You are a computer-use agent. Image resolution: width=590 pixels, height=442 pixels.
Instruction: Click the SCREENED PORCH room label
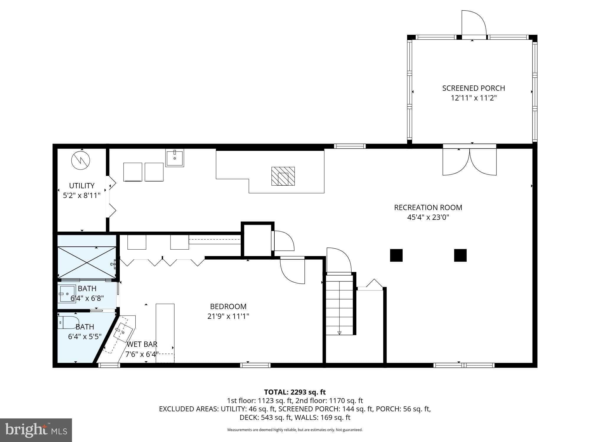(473, 88)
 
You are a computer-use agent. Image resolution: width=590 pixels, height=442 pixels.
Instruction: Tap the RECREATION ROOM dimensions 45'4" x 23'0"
(428, 217)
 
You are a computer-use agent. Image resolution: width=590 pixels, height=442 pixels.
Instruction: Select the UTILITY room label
(82, 186)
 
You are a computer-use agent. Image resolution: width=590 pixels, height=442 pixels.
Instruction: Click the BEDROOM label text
(228, 306)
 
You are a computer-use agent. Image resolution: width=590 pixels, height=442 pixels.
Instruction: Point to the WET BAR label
(142, 344)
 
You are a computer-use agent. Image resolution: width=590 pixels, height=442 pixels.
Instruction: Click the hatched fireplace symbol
(283, 176)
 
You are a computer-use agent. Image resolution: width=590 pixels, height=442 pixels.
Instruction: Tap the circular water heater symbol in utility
(81, 160)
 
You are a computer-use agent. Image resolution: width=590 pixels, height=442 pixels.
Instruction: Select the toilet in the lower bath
(69, 322)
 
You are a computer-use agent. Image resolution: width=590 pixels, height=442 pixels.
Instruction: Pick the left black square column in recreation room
(396, 255)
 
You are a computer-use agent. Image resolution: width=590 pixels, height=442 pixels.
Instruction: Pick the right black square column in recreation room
(460, 255)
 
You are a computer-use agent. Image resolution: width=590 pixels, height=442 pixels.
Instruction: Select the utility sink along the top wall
(175, 158)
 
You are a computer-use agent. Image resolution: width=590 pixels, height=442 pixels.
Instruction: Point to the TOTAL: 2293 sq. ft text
(295, 392)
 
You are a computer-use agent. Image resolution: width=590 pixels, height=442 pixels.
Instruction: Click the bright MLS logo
(36, 430)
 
